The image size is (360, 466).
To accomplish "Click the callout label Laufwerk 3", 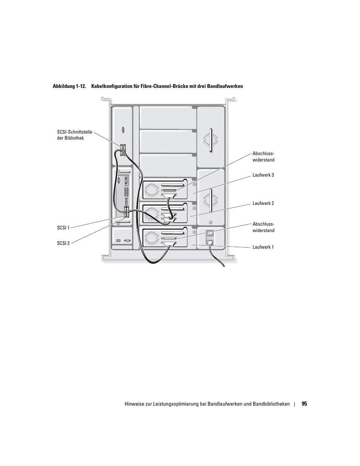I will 263,175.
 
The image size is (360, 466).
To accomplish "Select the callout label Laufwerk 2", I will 263,203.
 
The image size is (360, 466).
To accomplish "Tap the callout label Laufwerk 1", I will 263,247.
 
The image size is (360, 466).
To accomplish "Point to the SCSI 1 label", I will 63,228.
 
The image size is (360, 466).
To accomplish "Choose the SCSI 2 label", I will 63,243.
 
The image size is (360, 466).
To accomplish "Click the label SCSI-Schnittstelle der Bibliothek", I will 74,135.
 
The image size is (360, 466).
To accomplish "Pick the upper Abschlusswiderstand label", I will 263,157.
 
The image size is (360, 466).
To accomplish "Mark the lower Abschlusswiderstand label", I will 263,227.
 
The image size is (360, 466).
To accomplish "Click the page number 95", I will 304,404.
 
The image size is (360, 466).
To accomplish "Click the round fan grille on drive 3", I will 151,190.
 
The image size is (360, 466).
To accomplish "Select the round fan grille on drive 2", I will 151,214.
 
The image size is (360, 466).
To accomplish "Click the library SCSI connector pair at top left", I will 123,149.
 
